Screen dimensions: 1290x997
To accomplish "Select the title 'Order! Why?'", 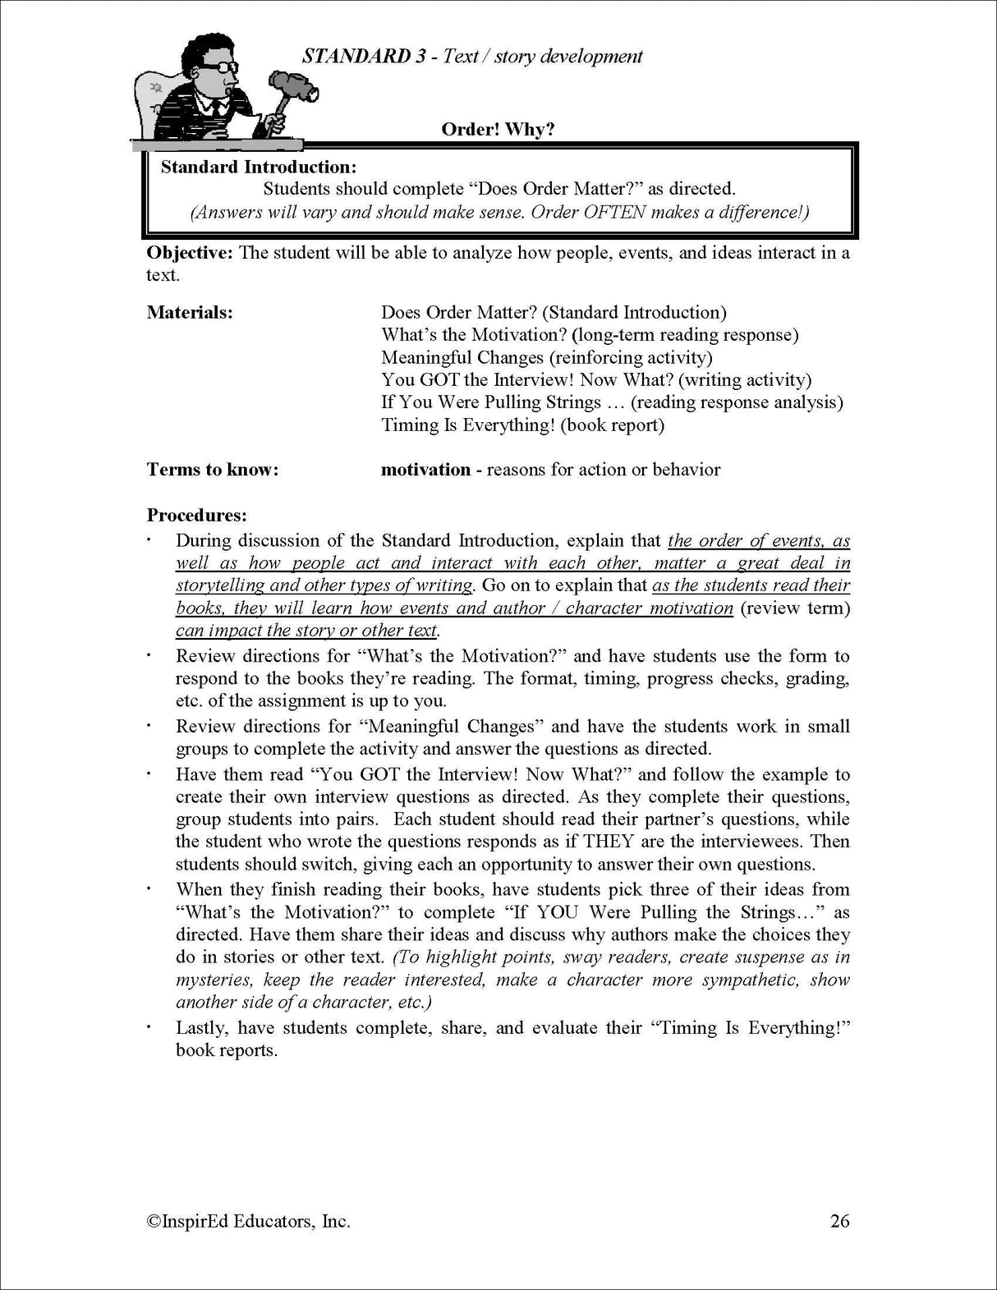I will point(498,130).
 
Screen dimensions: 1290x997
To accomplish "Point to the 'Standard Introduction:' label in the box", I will point(259,168).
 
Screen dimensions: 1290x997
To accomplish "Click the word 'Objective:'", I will point(190,253).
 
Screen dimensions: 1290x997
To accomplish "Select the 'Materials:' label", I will point(189,313).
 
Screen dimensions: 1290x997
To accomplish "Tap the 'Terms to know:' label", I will point(213,470).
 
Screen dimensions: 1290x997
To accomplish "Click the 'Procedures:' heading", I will point(196,516).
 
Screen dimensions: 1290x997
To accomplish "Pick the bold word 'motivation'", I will point(425,470).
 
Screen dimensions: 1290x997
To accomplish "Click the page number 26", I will point(839,1221).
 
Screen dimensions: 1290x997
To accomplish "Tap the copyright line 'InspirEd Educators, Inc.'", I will point(249,1221).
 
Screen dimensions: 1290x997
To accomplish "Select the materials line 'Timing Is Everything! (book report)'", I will point(522,425).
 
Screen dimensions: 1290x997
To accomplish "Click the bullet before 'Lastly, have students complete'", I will point(149,1028).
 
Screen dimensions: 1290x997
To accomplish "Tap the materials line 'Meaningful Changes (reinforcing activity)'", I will point(546,358).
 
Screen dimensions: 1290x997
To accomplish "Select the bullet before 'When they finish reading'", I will point(149,889).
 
